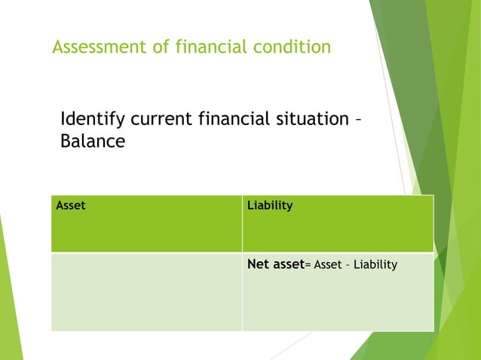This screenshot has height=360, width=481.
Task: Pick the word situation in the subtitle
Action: pos(305,119)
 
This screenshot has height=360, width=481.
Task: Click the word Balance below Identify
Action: pos(92,142)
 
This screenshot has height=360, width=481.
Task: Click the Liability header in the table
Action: pos(271,205)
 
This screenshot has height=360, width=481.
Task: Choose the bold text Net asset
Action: pos(276,264)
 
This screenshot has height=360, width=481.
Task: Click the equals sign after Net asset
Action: pos(308,264)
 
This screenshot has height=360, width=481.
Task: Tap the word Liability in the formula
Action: pos(376,264)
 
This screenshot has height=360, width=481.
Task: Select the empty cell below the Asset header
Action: pos(146,291)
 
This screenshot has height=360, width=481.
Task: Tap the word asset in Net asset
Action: pos(289,264)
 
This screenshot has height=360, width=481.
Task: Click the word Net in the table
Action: pos(259,264)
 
